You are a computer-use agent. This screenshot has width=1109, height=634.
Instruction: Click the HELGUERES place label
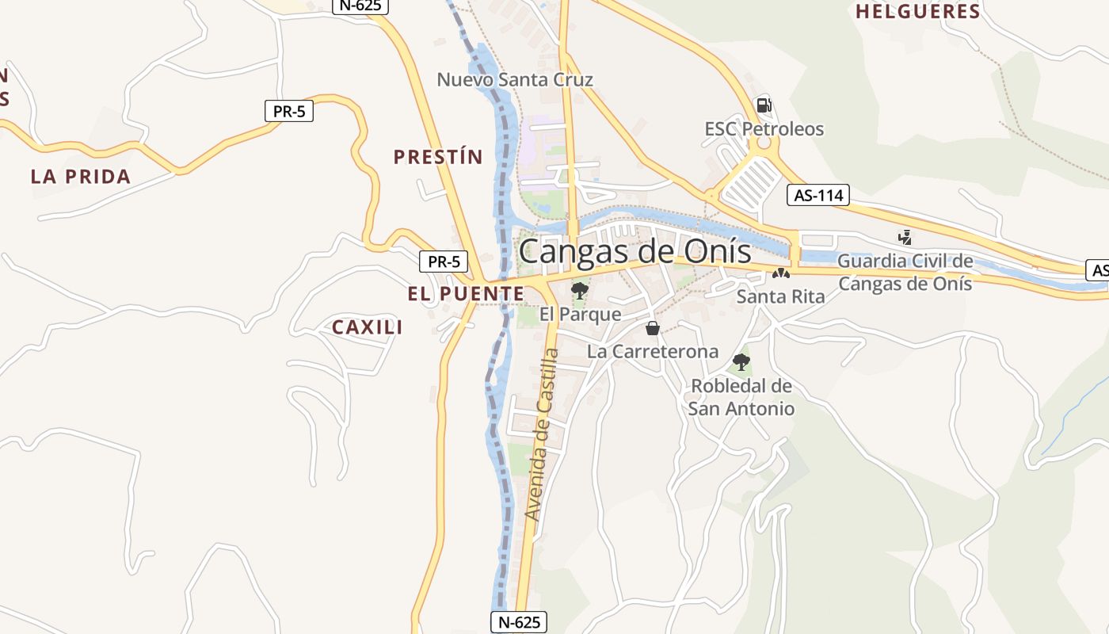918,12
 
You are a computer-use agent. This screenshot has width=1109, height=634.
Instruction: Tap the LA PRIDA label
80,177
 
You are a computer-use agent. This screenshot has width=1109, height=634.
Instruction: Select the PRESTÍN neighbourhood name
438,157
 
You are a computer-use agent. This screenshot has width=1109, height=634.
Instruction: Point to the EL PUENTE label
466,294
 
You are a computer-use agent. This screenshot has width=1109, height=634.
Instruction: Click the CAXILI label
368,327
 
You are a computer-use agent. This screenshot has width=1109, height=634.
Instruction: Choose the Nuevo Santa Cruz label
515,80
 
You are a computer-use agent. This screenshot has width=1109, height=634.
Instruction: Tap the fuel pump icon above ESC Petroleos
764,105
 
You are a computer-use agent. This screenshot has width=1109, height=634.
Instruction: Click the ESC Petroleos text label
764,129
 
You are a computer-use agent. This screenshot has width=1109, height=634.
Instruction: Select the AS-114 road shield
818,195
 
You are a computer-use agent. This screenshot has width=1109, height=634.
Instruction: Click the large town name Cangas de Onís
635,252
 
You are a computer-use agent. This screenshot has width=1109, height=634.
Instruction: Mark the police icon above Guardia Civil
905,237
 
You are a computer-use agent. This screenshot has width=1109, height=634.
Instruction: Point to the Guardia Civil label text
905,272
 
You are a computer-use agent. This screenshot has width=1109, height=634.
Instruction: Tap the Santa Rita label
780,296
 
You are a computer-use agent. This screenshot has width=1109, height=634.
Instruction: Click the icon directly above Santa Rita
781,273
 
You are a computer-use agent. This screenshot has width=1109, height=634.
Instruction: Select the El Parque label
580,315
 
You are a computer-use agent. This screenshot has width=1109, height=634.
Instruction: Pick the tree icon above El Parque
580,290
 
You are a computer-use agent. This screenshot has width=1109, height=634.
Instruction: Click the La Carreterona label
653,351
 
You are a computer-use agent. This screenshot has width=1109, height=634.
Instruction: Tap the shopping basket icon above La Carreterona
653,328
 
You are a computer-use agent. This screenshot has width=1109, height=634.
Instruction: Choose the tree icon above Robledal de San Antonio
741,362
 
